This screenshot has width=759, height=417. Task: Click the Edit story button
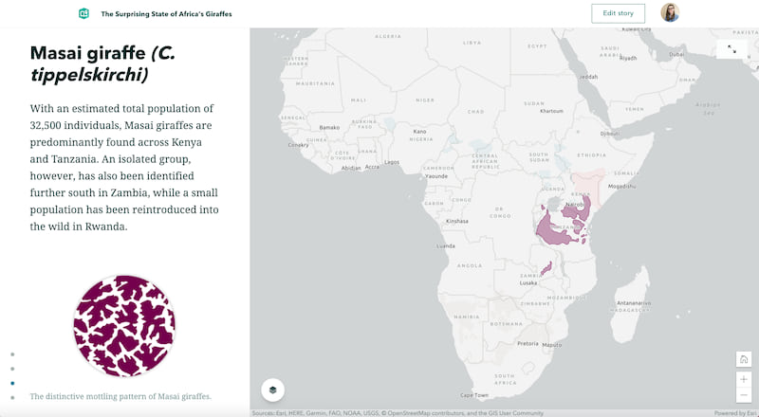618,13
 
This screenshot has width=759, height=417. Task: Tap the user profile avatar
670,13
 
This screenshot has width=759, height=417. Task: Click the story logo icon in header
84,14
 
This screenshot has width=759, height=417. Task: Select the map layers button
272,390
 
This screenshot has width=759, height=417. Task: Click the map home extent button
744,359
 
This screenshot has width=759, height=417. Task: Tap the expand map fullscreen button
732,48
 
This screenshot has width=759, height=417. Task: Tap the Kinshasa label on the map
458,221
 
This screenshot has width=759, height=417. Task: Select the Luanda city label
445,245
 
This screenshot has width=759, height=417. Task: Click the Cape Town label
473,394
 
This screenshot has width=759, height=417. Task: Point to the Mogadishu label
627,188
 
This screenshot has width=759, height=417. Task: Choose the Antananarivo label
634,303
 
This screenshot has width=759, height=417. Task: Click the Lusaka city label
529,281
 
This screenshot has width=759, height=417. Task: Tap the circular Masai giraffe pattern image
124,326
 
